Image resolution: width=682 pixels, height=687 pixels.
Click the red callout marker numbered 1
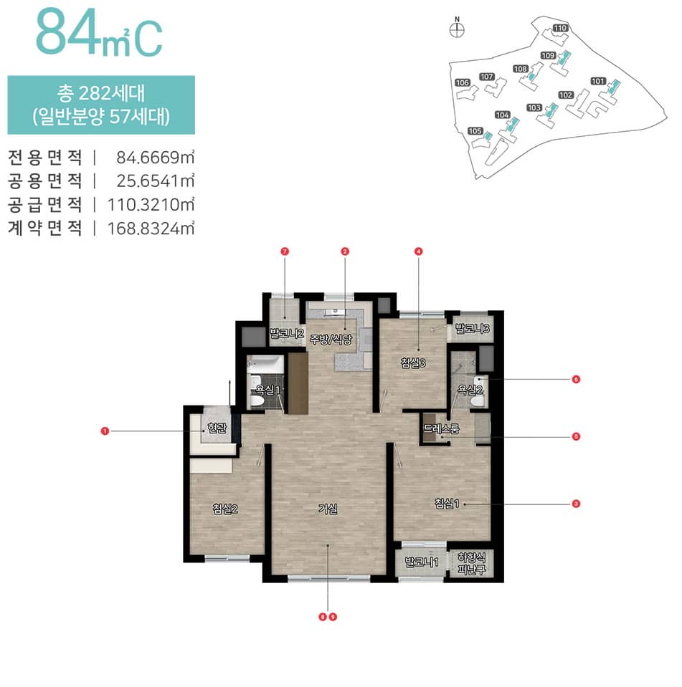[105, 431]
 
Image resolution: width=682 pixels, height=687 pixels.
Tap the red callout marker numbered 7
[285, 251]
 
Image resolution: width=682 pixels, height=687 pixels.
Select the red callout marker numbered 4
[418, 251]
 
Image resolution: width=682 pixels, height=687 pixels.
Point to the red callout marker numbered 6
[576, 379]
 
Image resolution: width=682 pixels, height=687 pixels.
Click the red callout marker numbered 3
[576, 504]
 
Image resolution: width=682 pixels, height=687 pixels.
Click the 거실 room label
[328, 509]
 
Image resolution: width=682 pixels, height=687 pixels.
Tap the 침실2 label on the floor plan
[224, 509]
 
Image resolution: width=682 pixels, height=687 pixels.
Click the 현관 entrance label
[216, 428]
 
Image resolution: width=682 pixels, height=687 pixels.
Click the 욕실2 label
[470, 390]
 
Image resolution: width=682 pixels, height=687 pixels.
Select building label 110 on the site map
[560, 28]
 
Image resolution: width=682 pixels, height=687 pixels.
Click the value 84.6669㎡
[151, 156]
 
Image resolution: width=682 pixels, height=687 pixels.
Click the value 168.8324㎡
[151, 229]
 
